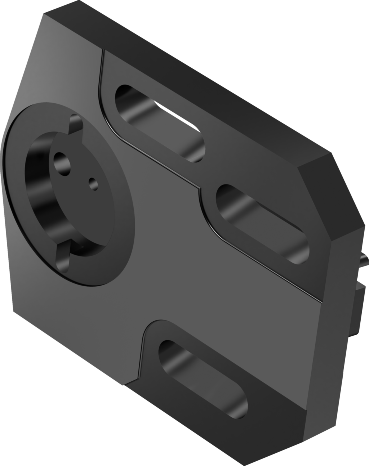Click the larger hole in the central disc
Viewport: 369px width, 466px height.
coord(62,162)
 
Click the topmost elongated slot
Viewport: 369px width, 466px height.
coord(159,122)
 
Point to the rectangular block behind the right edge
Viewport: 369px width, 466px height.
coord(360,299)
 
